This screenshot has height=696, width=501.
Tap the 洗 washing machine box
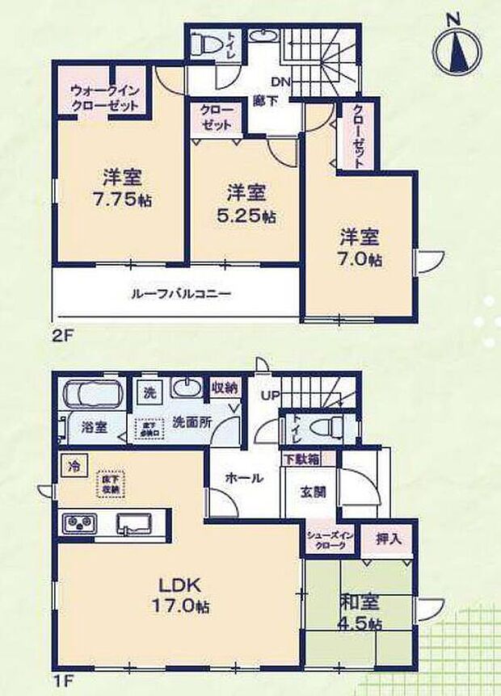click(149, 392)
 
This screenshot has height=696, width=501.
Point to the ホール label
click(244, 478)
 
